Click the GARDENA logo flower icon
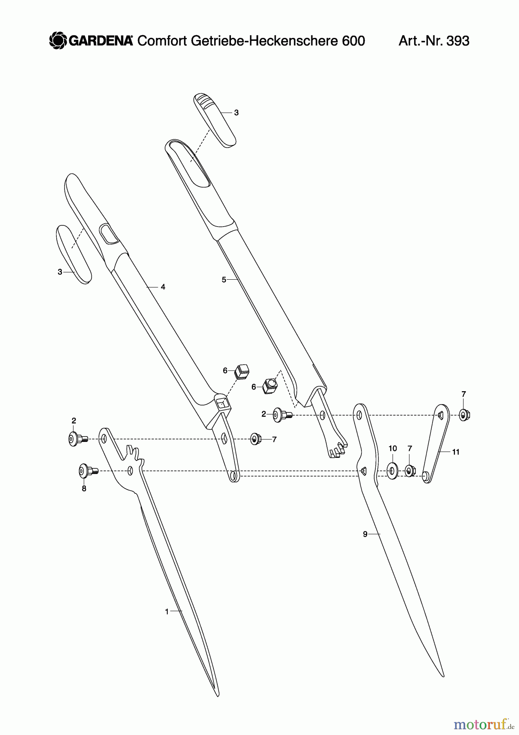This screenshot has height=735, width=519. tap(58, 41)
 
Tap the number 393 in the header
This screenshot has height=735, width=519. tap(458, 41)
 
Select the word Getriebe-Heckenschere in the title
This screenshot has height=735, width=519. tap(257, 41)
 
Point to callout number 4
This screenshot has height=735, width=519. tap(163, 287)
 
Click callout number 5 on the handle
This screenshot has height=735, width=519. tap(224, 280)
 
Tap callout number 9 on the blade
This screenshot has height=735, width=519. tap(365, 534)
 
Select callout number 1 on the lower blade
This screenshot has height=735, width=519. tap(166, 612)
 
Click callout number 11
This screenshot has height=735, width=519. tap(456, 452)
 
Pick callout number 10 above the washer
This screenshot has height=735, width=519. tap(393, 448)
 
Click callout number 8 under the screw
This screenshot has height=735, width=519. tap(84, 489)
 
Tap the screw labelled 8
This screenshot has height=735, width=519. tap(89, 471)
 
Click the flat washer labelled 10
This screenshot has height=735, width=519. tap(393, 471)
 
